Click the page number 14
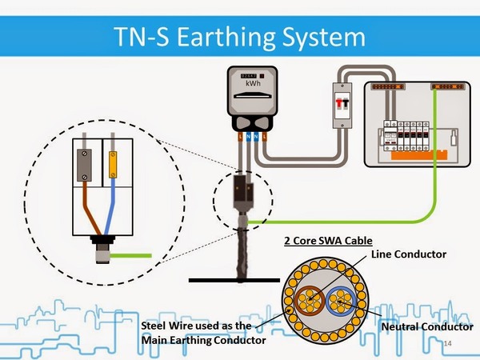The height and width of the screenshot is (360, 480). click(x=447, y=342)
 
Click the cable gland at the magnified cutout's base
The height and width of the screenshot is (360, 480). click(x=102, y=245)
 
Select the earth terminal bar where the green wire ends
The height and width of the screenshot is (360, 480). click(x=444, y=84)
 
